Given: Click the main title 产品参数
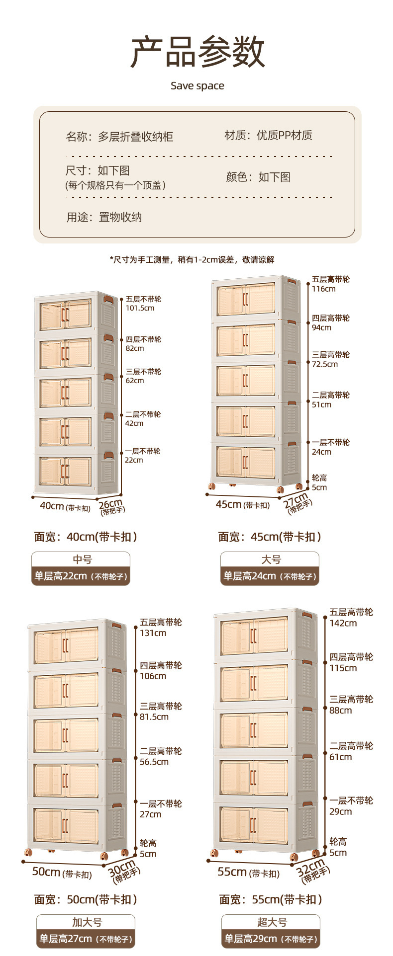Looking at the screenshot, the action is click(x=197, y=52).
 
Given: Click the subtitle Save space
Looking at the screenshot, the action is click(x=197, y=86).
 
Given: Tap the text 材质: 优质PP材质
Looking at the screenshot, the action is click(x=268, y=135).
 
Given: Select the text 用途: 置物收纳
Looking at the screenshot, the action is click(x=104, y=217).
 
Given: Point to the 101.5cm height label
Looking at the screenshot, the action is click(x=140, y=308).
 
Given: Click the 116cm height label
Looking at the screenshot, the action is click(x=323, y=289).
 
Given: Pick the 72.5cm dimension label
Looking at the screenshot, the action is click(x=324, y=364).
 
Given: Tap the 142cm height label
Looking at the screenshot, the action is click(x=343, y=623).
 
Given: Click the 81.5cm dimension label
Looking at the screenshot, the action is click(x=154, y=717).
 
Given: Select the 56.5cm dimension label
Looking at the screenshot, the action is click(x=154, y=762).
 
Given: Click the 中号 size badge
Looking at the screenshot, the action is click(x=82, y=559).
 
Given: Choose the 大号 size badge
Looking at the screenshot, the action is click(x=271, y=559).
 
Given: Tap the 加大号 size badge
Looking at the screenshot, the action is click(x=87, y=922).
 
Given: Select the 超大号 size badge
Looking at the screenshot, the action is click(x=272, y=922).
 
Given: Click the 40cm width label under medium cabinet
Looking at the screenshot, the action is click(x=52, y=506).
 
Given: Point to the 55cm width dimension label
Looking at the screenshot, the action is click(x=232, y=872).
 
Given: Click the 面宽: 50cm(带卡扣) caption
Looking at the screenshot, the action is click(x=86, y=899).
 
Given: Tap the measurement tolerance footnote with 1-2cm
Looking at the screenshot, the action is click(x=192, y=259).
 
